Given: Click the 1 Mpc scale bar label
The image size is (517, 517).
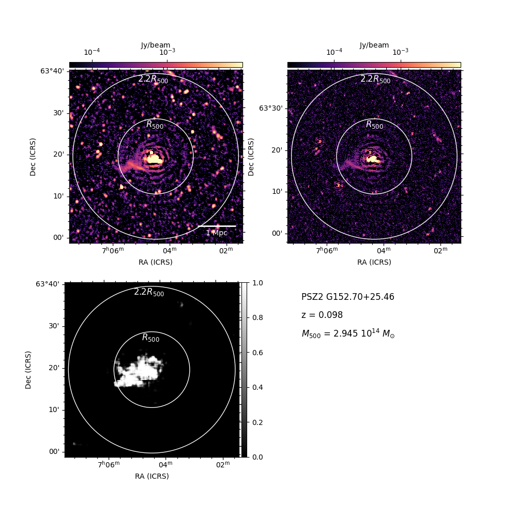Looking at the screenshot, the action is point(217,233).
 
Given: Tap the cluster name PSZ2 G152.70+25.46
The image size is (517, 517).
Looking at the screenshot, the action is point(348,297).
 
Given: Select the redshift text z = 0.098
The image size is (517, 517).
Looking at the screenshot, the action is point(322,315).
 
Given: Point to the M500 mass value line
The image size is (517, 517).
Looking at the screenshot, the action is point(348,333).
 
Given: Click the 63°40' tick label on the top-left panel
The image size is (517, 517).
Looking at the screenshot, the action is point(52,71).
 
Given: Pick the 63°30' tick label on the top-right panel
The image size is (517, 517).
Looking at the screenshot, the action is point(271,108).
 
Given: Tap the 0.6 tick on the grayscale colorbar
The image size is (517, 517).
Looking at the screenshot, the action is point(257,353).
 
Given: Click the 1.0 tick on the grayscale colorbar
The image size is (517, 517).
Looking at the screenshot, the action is point(257,283).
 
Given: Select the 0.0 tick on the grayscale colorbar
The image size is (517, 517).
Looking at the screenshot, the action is point(257,457).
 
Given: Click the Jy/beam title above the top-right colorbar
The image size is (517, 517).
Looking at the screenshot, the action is point(374,45).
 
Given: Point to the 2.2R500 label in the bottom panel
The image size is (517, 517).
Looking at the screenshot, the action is point(149,292).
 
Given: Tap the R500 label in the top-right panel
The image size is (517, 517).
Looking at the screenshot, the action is point(374,125).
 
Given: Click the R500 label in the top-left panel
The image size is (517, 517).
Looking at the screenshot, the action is point(155,125).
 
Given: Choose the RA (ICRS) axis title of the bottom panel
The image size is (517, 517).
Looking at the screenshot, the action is point(152,476).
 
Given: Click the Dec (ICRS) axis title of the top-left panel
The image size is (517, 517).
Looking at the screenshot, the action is point(33,157).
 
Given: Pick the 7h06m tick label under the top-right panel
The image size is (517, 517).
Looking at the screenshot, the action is point(327,251).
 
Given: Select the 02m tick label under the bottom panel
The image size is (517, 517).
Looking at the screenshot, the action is point(223,465).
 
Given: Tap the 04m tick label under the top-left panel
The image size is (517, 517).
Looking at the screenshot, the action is point(170,251).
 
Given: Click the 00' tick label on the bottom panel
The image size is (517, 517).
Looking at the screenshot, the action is point(54,451).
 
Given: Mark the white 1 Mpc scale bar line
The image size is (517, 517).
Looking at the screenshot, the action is point(217,226).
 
